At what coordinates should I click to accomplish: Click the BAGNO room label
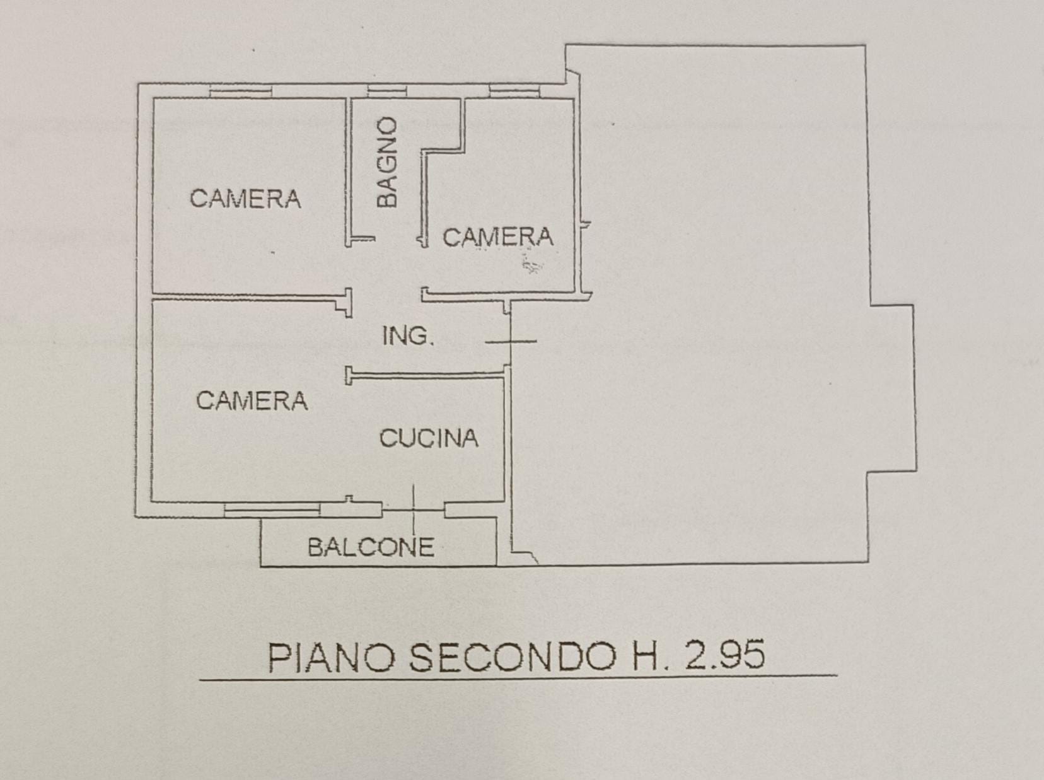point(387,162)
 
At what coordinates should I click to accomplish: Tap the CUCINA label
point(429,438)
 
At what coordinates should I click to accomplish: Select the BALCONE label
point(371,547)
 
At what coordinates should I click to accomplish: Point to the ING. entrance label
point(408,336)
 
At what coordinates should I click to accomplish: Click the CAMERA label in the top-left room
point(245,199)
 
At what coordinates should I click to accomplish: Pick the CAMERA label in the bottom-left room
point(252,400)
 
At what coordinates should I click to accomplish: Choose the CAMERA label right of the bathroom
point(499,237)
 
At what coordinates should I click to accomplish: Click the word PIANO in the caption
point(332,658)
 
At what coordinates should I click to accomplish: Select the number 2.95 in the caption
point(724,655)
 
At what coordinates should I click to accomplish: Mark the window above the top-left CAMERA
point(241,91)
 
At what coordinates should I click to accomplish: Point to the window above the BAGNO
point(387,91)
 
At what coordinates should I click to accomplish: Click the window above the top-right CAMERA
point(514,91)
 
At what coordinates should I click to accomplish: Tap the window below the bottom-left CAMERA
point(272,510)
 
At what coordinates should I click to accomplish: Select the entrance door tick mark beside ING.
point(511,341)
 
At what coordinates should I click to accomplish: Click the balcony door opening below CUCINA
point(414,510)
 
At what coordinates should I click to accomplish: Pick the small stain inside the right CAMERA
point(531,265)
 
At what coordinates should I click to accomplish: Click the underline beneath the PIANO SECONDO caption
point(518,678)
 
